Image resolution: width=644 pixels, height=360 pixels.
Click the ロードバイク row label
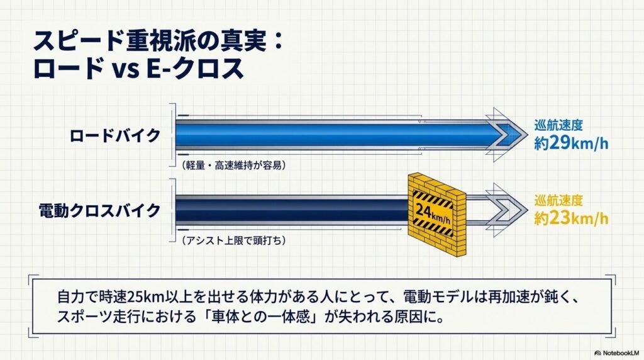pyautogui.click(x=114, y=135)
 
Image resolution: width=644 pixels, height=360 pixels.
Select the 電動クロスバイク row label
pyautogui.click(x=99, y=210)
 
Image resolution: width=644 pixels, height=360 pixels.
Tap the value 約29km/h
pyautogui.click(x=571, y=143)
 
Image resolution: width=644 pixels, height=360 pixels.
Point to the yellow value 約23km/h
pyautogui.click(x=571, y=218)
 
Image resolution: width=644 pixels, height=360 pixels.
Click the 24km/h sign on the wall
pyautogui.click(x=433, y=213)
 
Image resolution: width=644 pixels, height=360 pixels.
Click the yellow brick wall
pyautogui.click(x=436, y=215)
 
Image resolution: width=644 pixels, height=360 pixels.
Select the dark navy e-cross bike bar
pyautogui.click(x=292, y=210)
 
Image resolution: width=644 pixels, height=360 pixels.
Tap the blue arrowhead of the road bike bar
pyautogui.click(x=508, y=135)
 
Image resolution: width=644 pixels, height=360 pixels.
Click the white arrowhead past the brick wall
pyautogui.click(x=508, y=210)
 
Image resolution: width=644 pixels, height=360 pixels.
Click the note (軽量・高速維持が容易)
pyautogui.click(x=233, y=165)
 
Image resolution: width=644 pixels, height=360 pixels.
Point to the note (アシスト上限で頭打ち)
pyautogui.click(x=233, y=240)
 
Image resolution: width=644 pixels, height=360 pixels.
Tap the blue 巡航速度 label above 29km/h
pyautogui.click(x=558, y=125)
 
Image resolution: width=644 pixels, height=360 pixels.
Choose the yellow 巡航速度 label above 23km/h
pyautogui.click(x=558, y=200)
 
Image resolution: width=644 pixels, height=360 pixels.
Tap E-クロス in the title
pyautogui.click(x=195, y=68)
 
